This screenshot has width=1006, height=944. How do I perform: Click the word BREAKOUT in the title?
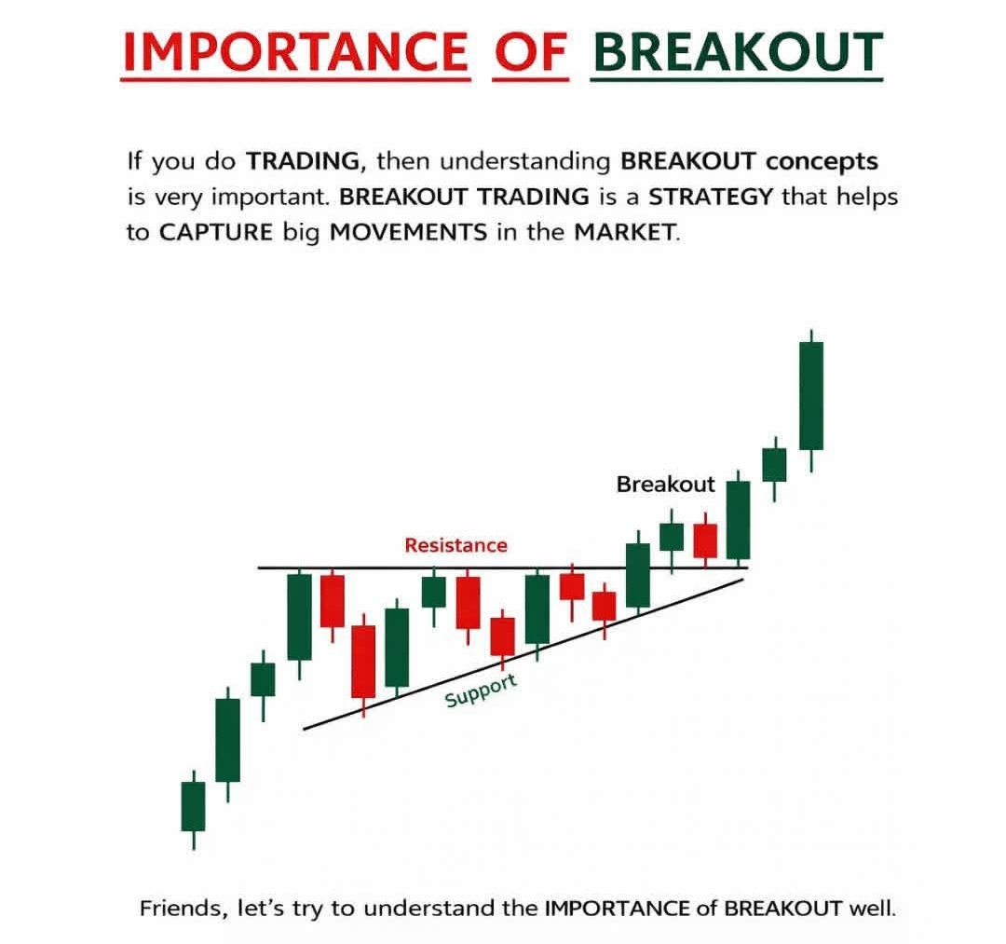point(738,51)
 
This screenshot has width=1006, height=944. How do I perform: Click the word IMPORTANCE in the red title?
point(296,51)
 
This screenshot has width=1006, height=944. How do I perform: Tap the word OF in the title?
point(531,51)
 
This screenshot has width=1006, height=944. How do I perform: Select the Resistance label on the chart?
point(455,545)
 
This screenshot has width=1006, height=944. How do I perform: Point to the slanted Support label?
point(481,691)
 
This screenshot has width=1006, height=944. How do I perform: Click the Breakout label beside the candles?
point(665,484)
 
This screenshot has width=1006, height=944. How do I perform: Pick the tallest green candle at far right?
point(811,396)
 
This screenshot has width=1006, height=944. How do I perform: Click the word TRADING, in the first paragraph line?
point(306,160)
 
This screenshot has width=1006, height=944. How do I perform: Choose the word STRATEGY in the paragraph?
point(710,197)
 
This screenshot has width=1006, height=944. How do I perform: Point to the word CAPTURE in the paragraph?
point(215,232)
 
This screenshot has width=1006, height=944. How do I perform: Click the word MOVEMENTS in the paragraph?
point(408,232)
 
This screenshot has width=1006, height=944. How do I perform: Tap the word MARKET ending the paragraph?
point(627,232)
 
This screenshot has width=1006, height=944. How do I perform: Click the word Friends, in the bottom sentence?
point(183,909)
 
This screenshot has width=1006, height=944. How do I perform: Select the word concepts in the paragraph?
point(822,162)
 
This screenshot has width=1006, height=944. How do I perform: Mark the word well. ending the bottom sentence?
point(871,909)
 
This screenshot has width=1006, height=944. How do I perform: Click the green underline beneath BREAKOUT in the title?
point(737,80)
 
